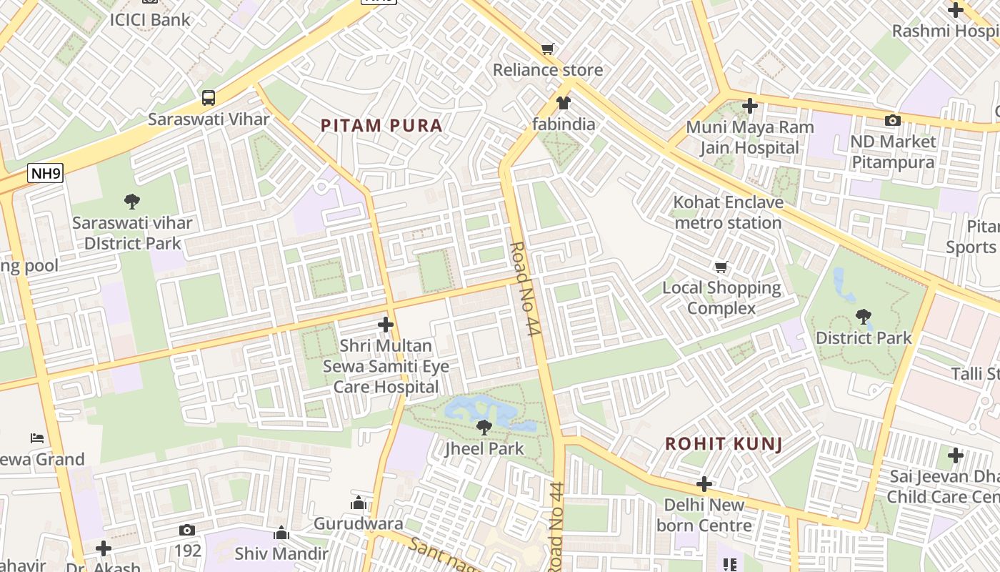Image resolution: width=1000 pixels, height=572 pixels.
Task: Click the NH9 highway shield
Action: [x=46, y=172]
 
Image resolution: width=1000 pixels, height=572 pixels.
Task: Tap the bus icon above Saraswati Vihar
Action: [x=209, y=98]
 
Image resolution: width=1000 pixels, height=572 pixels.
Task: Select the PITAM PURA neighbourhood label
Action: [x=381, y=126]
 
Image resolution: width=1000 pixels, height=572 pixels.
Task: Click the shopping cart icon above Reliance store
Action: [x=548, y=49]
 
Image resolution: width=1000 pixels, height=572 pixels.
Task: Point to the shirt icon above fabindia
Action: [x=564, y=103]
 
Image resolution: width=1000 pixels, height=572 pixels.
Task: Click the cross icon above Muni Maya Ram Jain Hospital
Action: [x=749, y=106]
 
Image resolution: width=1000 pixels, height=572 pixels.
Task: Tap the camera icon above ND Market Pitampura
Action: [x=892, y=120]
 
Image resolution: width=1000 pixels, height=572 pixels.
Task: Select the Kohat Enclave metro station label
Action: [x=728, y=212]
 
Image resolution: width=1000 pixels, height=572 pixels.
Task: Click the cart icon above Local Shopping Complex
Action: [x=721, y=267]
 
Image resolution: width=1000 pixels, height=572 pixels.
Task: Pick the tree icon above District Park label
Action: [x=864, y=316]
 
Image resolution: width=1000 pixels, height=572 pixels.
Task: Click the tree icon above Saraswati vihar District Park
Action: [x=132, y=202]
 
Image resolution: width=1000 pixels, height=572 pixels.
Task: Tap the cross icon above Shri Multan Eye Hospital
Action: [x=386, y=325]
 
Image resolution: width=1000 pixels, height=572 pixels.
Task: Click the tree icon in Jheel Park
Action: [x=484, y=428]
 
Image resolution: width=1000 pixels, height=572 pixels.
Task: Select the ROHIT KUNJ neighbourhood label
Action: [x=724, y=443]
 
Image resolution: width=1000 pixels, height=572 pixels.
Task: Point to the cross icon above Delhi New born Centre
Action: [x=704, y=484]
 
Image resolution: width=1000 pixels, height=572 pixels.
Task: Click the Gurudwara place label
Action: [x=359, y=524]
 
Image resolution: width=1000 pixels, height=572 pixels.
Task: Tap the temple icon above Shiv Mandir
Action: [x=281, y=533]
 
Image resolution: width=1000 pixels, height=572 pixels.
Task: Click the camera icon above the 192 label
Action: [x=187, y=530]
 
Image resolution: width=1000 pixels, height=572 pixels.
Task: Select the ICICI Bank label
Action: [x=150, y=19]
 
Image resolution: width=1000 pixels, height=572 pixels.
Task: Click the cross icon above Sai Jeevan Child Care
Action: [x=956, y=455]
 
